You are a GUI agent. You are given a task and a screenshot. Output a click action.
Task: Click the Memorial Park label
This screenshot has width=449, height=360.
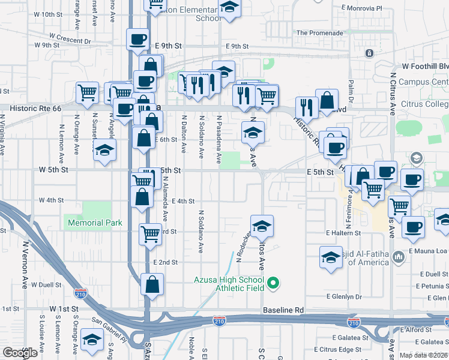95,223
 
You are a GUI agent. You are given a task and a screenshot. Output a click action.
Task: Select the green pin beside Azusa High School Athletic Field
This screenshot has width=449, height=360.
274,281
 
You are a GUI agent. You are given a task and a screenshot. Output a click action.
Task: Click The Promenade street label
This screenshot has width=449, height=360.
319,33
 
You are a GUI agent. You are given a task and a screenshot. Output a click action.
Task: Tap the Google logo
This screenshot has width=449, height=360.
20,353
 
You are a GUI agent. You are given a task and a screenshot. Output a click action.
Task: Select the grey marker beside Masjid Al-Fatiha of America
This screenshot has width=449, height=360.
399,258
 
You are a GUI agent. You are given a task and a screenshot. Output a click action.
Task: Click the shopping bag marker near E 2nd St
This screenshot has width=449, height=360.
152,284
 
